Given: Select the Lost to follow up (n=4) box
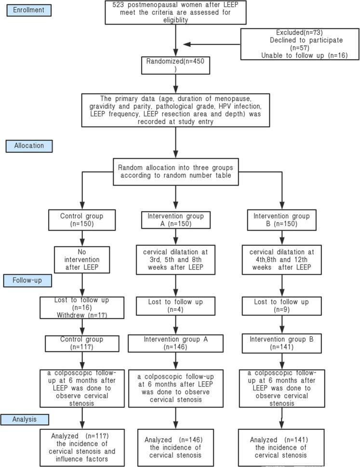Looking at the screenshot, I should (x=175, y=307).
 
